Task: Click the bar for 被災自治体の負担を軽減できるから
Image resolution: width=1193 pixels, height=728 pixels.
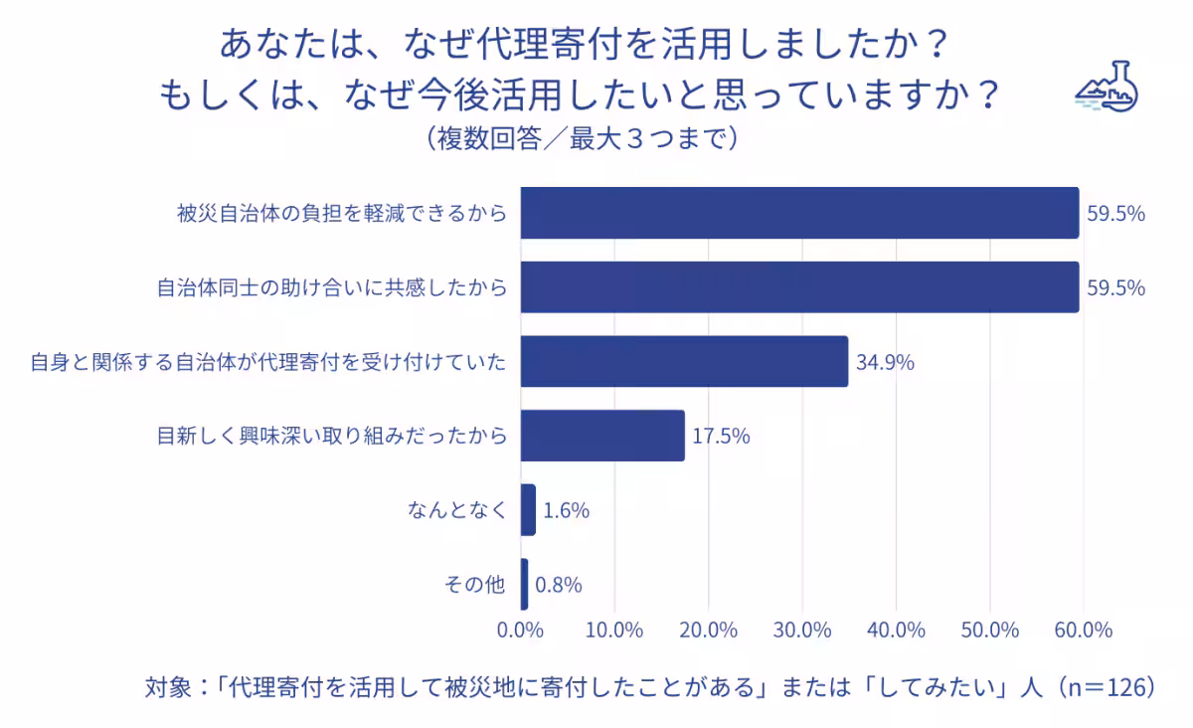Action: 799,213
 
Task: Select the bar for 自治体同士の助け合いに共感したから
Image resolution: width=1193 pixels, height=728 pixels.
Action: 799,287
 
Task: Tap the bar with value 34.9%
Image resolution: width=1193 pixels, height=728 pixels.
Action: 684,361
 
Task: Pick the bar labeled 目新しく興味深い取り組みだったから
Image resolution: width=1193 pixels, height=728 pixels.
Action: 602,436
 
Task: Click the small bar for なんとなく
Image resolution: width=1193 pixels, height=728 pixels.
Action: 528,510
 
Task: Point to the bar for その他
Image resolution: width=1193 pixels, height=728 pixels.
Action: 524,585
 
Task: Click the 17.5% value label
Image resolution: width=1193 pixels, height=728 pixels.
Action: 721,436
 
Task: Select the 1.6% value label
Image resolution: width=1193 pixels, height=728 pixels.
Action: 567,511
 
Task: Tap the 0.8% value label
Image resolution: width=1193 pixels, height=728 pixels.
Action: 559,586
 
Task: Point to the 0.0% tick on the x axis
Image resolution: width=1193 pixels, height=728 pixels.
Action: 520,631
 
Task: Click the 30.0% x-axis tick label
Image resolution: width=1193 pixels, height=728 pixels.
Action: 802,631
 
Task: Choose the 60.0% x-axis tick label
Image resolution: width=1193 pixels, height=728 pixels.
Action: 1084,631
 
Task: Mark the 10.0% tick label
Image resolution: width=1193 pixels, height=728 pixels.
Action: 614,631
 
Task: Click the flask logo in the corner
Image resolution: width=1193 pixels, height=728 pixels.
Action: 1106,88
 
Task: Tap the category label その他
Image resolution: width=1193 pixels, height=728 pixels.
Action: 474,586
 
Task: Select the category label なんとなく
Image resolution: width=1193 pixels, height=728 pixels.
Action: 457,511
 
